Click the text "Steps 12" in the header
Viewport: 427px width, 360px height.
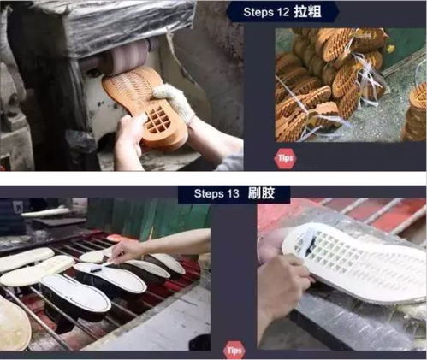pyautogui.click(x=266, y=12)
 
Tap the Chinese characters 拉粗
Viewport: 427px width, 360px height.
pyautogui.click(x=308, y=12)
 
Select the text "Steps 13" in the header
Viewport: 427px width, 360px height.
pyautogui.click(x=216, y=194)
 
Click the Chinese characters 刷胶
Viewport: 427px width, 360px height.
pyautogui.click(x=261, y=193)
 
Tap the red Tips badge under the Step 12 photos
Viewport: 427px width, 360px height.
pyautogui.click(x=285, y=158)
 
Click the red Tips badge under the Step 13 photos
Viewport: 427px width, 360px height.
pyautogui.click(x=234, y=351)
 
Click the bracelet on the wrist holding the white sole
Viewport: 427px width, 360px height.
pyautogui.click(x=259, y=251)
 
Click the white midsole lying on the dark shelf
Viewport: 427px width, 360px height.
pyautogui.click(x=45, y=212)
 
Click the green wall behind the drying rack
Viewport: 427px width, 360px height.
pyautogui.click(x=148, y=216)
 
